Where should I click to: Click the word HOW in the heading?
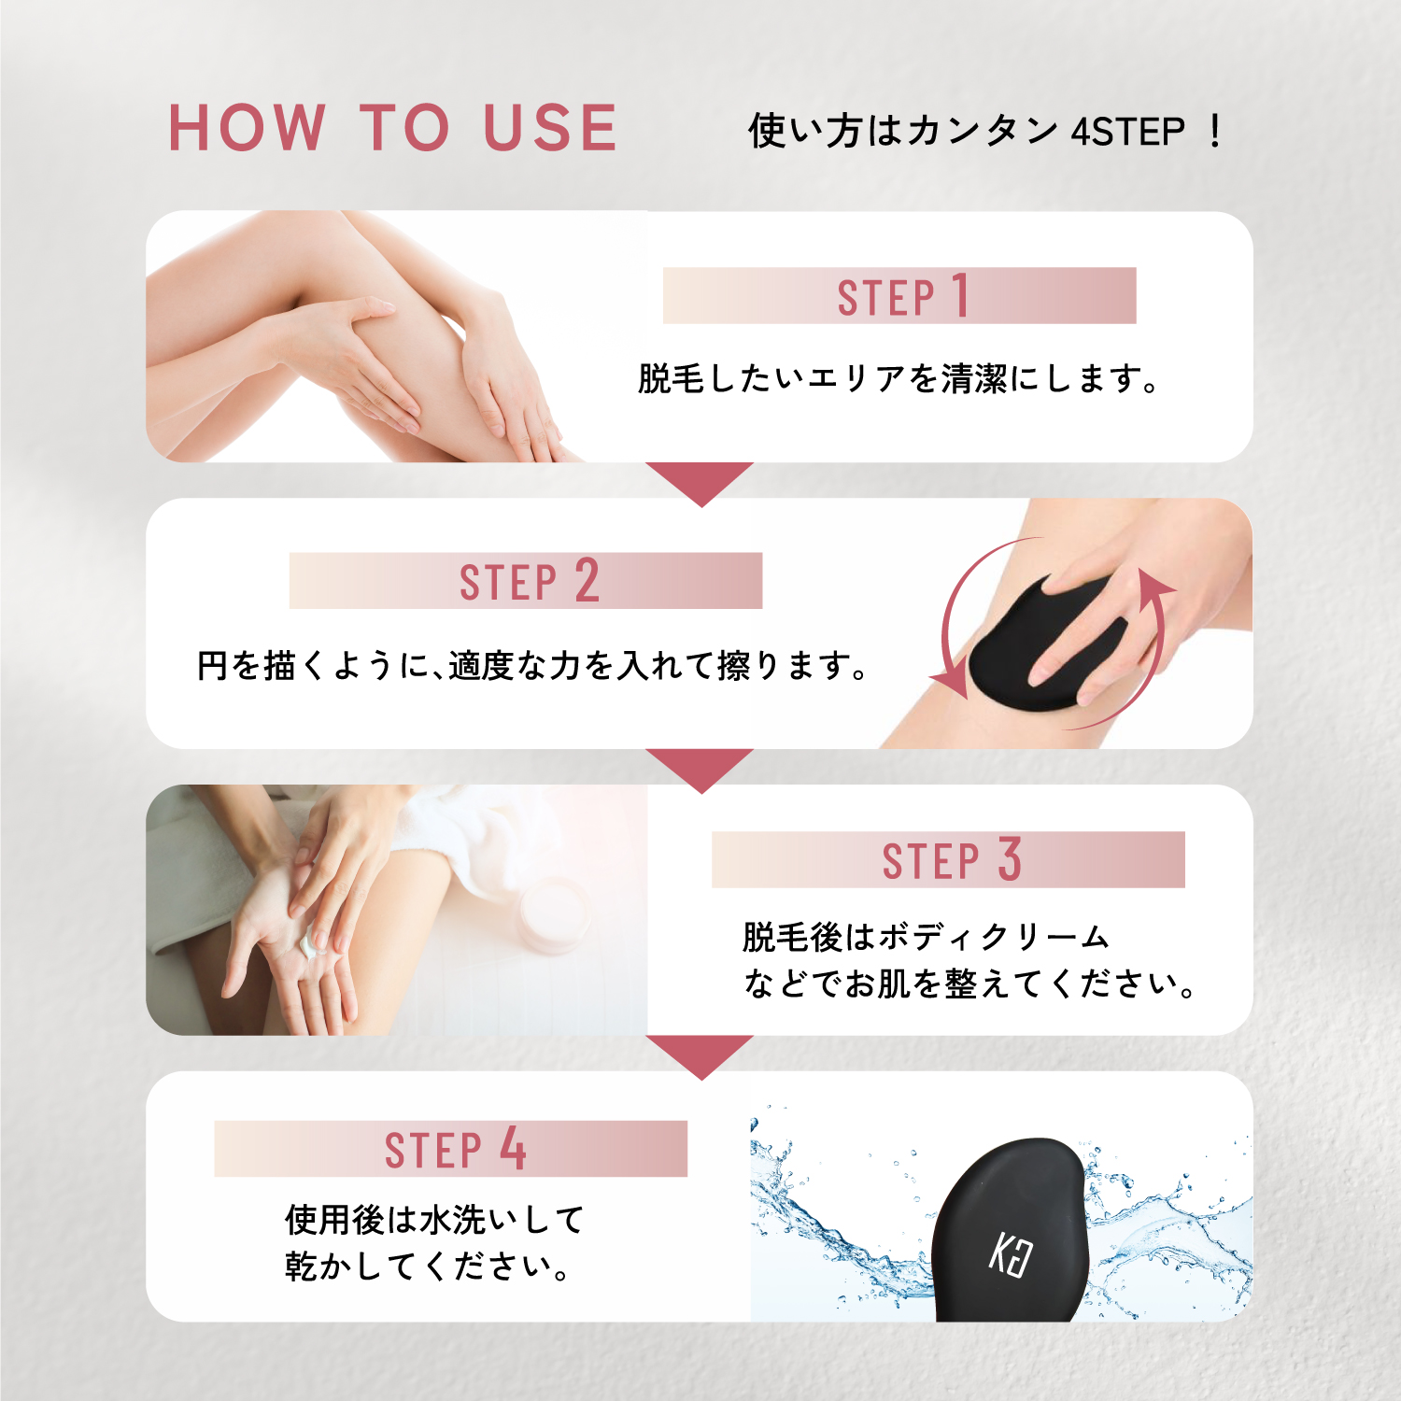tap(248, 128)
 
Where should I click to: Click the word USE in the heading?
tap(550, 128)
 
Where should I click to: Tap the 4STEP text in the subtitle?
tap(1128, 132)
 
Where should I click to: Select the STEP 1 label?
tap(902, 297)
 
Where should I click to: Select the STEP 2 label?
tap(529, 581)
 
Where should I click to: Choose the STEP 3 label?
tap(952, 859)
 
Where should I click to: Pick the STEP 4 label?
tap(455, 1149)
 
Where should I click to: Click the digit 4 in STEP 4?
tap(513, 1148)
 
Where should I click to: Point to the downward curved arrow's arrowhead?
tap(951, 683)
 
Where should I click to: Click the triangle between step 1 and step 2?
tap(700, 480)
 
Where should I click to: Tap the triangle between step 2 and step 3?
tap(700, 767)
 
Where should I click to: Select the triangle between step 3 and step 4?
tap(700, 1054)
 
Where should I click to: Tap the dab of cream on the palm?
tap(309, 941)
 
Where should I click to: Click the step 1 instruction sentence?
tap(899, 379)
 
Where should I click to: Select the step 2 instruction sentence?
tap(533, 666)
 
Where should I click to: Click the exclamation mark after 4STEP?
tap(1214, 132)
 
